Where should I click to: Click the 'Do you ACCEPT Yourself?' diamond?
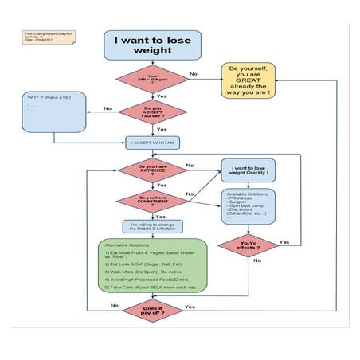[152, 113]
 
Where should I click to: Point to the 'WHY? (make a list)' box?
[53, 112]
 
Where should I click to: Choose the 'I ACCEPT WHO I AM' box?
[152, 143]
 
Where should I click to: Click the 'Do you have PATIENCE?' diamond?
[152, 170]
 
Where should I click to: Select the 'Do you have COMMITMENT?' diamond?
[152, 200]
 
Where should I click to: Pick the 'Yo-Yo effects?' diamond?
[248, 246]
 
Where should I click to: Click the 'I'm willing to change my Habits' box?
[152, 227]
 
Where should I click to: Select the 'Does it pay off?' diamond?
[152, 311]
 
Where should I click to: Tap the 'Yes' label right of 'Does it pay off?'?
[190, 306]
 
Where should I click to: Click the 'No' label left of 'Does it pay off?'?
[115, 306]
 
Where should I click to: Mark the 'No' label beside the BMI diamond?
[193, 74]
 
